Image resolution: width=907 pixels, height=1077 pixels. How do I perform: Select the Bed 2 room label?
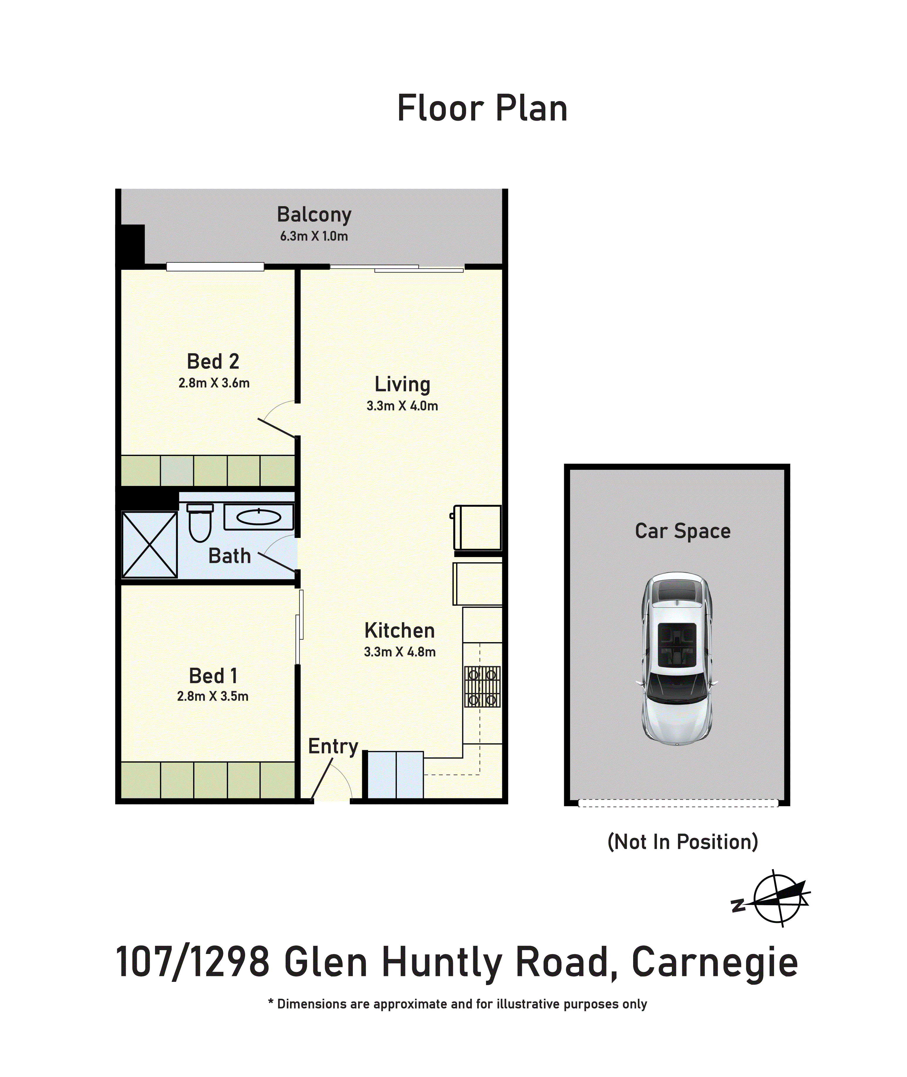tap(213, 361)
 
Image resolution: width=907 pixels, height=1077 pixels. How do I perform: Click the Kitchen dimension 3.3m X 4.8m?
tap(399, 652)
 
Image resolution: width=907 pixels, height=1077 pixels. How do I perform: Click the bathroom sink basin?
tap(259, 517)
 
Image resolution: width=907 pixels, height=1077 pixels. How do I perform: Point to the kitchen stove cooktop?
tap(482, 686)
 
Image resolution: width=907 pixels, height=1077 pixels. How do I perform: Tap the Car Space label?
tap(682, 531)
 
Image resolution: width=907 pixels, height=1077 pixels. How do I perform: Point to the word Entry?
tap(333, 746)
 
